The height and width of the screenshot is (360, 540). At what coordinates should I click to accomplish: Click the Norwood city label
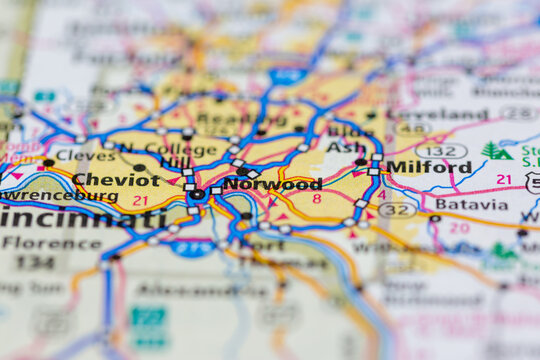click(272, 184)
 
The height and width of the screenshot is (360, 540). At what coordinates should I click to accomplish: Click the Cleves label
click(85, 157)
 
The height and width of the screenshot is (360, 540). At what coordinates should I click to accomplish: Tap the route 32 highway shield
click(398, 210)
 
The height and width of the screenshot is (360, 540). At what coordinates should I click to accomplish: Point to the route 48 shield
click(412, 129)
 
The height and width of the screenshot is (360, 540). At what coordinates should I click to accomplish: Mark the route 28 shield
click(518, 113)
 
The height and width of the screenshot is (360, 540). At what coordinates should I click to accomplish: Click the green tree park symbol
click(496, 151)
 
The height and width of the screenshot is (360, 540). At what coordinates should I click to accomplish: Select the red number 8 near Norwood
click(317, 199)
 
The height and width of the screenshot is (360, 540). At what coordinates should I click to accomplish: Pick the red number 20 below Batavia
click(459, 228)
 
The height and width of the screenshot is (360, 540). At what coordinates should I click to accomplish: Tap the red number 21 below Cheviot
click(140, 201)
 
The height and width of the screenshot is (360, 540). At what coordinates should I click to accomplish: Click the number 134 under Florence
click(36, 262)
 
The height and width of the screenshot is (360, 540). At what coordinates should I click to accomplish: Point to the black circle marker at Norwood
click(198, 195)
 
